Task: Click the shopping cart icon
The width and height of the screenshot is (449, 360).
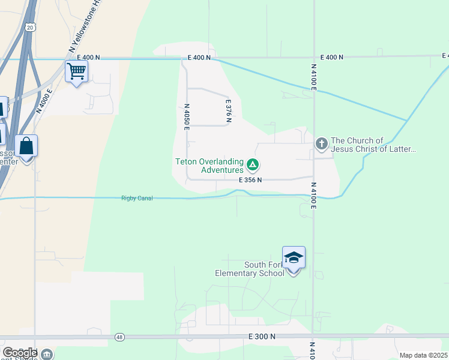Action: (x=77, y=72)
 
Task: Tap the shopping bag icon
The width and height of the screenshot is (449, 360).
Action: (x=26, y=146)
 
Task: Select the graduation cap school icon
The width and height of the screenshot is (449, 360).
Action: (x=294, y=257)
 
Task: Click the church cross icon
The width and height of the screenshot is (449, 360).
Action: (x=322, y=144)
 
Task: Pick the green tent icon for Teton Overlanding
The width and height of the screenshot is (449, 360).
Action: (x=253, y=164)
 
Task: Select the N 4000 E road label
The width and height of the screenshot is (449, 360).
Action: (x=44, y=101)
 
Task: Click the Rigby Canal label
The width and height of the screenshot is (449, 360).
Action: (x=137, y=198)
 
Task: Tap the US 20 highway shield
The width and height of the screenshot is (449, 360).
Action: (x=30, y=26)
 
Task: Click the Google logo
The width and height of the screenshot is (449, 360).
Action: (x=20, y=353)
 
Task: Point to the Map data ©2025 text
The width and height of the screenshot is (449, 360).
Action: (x=423, y=355)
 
